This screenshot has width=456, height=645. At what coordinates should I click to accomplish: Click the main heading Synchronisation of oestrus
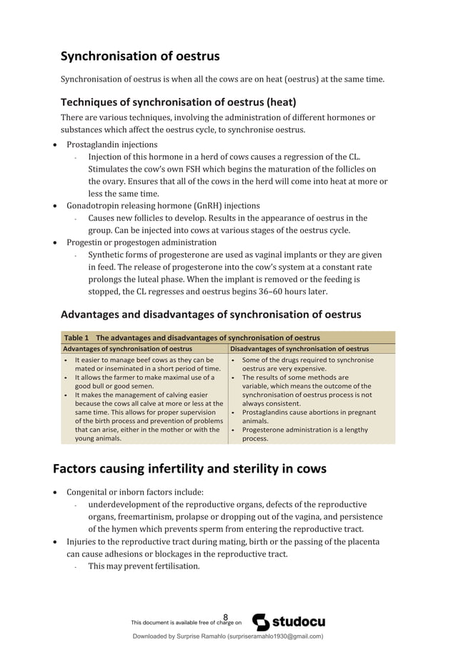(x=139, y=56)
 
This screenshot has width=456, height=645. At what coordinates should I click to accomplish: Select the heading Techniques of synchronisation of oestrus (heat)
(x=178, y=101)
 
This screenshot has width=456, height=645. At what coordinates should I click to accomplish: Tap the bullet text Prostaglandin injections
(x=112, y=144)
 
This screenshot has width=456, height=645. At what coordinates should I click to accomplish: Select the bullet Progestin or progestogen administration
(x=142, y=242)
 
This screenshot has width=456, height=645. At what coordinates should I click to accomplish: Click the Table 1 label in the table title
(x=76, y=338)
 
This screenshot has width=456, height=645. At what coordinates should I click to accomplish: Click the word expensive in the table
(x=314, y=369)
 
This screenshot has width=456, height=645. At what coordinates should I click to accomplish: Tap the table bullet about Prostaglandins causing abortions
(x=308, y=417)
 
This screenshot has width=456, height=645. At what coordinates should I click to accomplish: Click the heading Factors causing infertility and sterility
(x=189, y=469)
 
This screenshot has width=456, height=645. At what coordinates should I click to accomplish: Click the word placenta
(x=362, y=541)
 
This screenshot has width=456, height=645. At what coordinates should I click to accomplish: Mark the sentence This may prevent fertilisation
(x=144, y=566)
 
